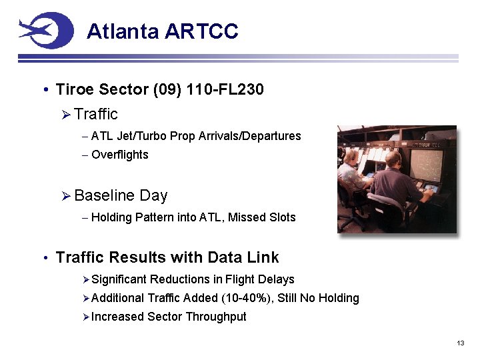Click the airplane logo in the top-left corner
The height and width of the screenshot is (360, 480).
tap(45, 30)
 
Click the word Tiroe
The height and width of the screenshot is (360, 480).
tap(76, 89)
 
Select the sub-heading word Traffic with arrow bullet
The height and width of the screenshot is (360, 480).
tap(96, 114)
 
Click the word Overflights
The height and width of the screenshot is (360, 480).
tap(119, 155)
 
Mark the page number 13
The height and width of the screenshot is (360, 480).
tap(460, 343)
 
